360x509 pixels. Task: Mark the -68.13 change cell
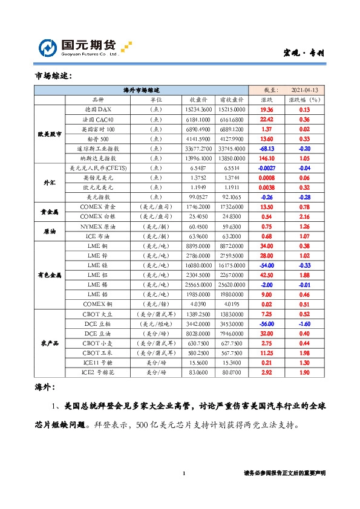tap(267, 148)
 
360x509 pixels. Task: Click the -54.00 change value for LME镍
tap(267, 265)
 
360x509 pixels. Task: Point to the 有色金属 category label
tap(48, 275)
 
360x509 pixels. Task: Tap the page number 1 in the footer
tap(183, 473)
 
